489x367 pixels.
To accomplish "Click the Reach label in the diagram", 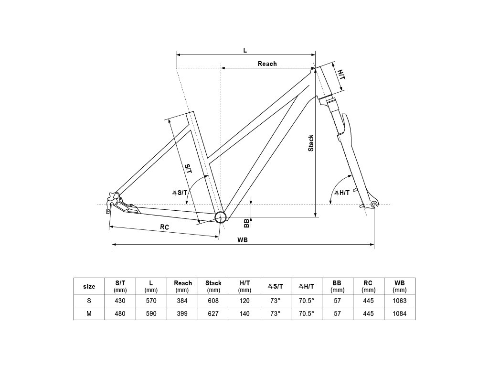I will coord(267,64).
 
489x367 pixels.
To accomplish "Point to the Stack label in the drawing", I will coord(311,143).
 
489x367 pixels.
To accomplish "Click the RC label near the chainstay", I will coord(164,227).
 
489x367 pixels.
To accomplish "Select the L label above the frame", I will coord(245,50).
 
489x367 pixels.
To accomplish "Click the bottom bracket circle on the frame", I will coord(220,217).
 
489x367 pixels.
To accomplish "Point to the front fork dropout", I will coord(373,205).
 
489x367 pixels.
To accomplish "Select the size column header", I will coord(89,286).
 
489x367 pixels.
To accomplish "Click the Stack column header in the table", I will coord(213,286).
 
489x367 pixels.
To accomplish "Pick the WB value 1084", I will coord(399,313).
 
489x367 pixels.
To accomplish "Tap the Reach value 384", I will coord(182,301).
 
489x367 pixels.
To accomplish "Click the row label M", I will coord(89,313).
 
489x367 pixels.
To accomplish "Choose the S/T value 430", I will coord(120,301).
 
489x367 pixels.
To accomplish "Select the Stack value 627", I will coord(213,313).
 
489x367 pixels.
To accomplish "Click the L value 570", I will coord(151,301).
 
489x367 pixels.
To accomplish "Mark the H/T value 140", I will coord(244,313).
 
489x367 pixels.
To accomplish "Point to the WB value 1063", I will coord(399,301).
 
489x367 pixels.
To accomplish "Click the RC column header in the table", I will coord(368,286).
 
